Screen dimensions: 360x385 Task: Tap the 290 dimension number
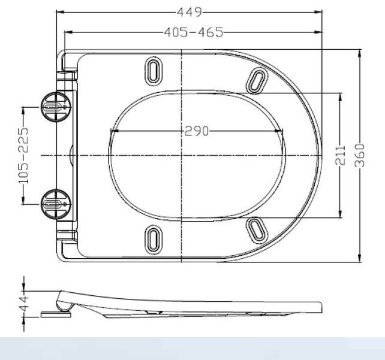click(x=196, y=131)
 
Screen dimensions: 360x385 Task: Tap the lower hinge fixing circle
click(x=55, y=203)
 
